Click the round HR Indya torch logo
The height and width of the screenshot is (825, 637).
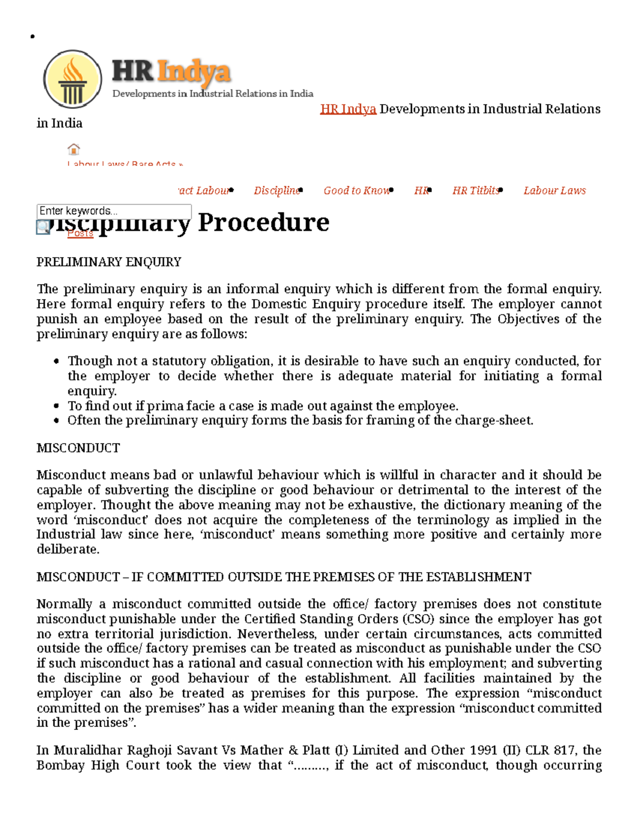coord(73,80)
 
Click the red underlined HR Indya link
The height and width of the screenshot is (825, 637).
coord(348,109)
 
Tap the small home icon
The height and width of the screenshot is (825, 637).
coord(74,149)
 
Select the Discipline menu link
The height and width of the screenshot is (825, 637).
coord(276,191)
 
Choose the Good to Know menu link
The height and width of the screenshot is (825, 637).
coord(356,191)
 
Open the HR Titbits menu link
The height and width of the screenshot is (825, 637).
coord(475,191)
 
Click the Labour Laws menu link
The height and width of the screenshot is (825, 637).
coord(554,191)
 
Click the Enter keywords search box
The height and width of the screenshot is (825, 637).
coord(114,211)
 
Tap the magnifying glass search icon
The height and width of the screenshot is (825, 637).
coord(43,227)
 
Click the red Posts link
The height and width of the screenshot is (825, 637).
coord(80,233)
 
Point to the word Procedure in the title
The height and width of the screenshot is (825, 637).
coord(263,222)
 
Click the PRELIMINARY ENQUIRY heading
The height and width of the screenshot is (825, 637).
coord(109,262)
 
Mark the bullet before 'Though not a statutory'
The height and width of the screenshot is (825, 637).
coord(57,362)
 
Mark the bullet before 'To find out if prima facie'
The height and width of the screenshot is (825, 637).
coord(57,406)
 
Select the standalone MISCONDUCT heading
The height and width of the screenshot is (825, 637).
coord(78,448)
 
